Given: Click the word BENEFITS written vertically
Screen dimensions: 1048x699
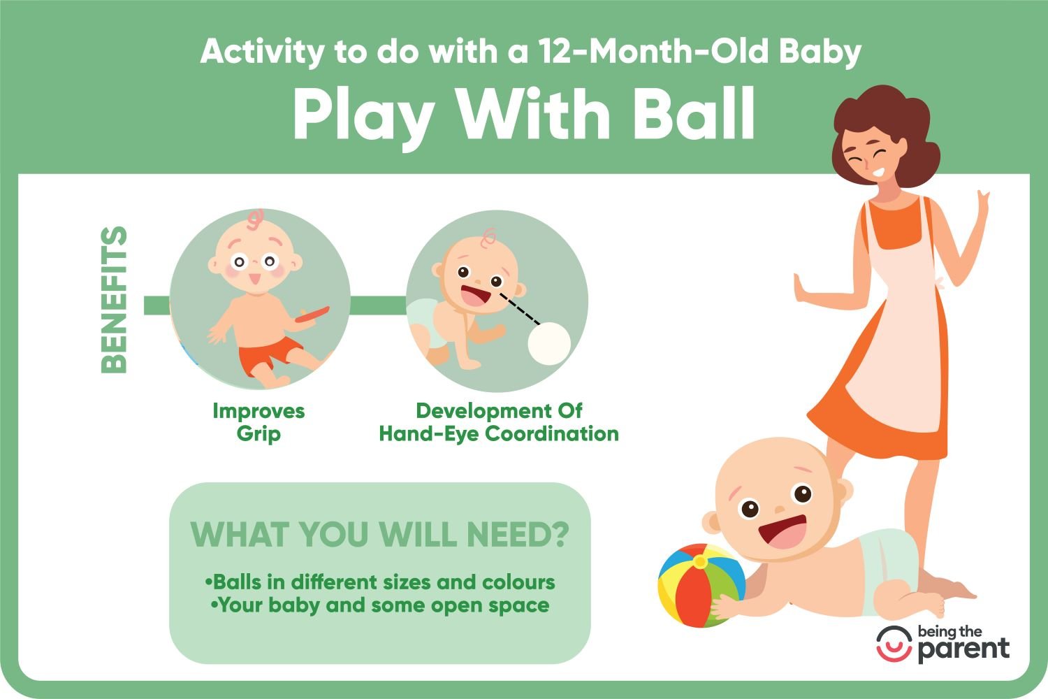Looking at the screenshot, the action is click(x=114, y=300).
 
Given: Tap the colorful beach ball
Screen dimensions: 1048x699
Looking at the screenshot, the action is click(x=700, y=585).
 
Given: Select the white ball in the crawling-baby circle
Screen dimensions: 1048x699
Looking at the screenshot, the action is click(x=548, y=344).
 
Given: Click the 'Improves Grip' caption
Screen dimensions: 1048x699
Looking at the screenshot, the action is click(x=259, y=421).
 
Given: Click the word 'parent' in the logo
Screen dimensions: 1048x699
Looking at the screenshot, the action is click(x=963, y=650).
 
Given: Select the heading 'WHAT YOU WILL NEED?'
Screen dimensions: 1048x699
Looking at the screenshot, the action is click(x=379, y=534).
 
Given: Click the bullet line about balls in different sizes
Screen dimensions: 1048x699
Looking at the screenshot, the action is click(x=380, y=582).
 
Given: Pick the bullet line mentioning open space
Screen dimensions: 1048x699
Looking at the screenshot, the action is click(x=380, y=605).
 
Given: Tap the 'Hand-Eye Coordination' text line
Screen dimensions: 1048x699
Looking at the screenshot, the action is click(x=499, y=434).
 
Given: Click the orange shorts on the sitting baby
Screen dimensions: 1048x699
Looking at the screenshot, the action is click(x=269, y=354).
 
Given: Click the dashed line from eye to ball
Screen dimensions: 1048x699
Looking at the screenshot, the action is click(x=520, y=308).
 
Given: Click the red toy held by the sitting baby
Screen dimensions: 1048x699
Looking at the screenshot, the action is click(x=312, y=314).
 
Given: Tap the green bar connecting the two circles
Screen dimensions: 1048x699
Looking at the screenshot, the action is click(x=378, y=305).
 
